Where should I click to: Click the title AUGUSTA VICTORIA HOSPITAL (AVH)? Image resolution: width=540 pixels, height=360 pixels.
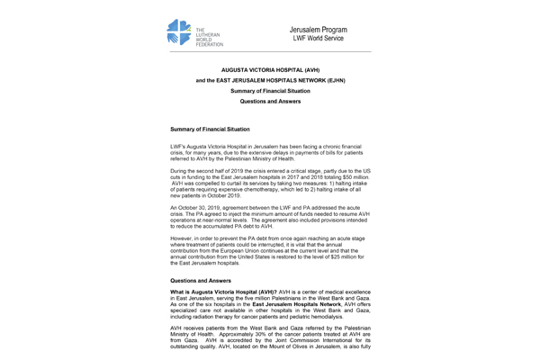(x=269, y=68)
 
